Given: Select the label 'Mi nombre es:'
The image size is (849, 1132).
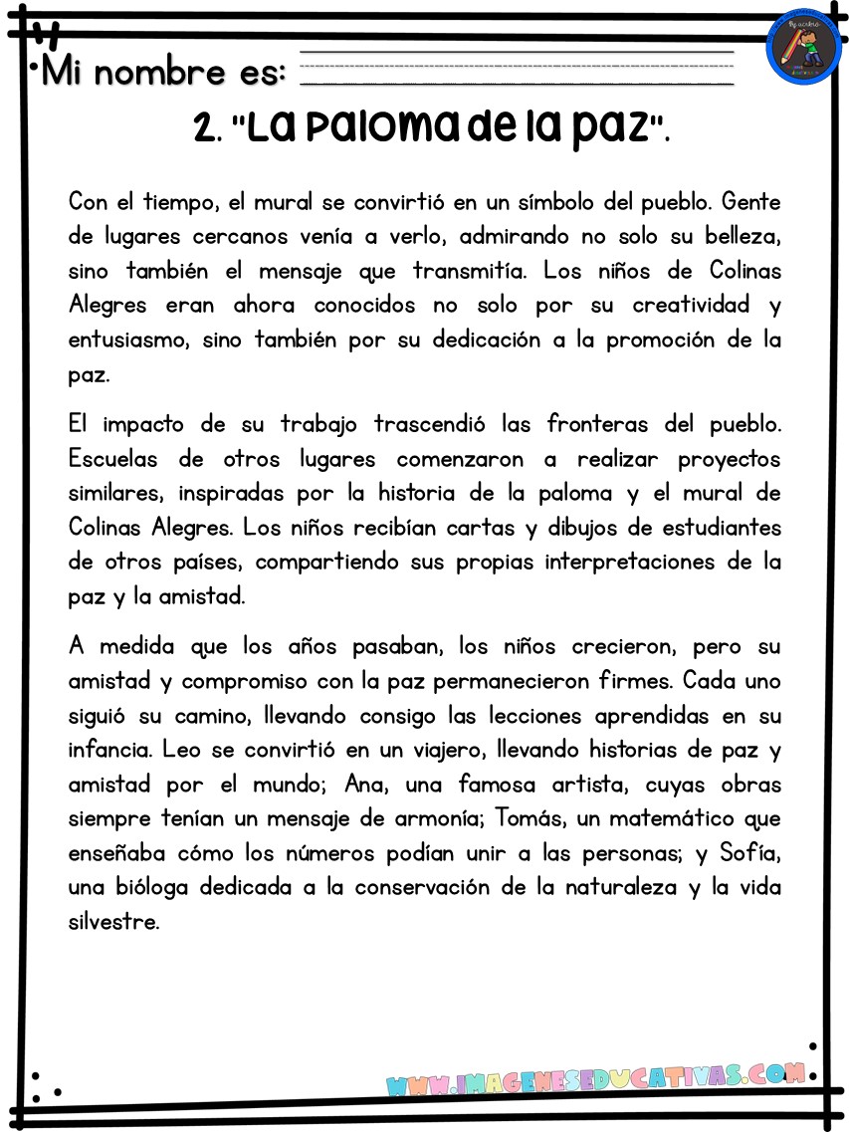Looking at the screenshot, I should (164, 72).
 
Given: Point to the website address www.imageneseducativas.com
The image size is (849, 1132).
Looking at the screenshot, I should (594, 1078).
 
